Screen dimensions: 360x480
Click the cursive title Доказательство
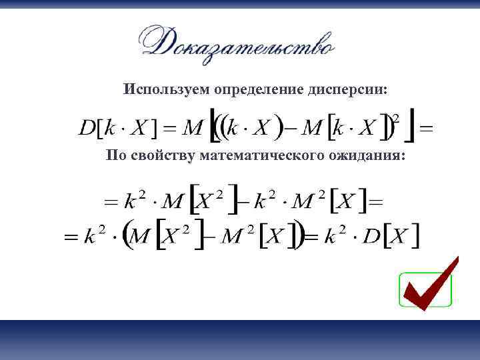pos(237,43)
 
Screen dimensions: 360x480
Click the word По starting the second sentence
pos(115,155)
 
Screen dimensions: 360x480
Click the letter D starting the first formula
pos(87,127)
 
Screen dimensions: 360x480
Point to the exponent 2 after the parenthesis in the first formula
pos(396,118)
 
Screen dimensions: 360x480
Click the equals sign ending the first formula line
pos(425,128)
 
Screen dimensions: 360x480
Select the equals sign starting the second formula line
pos(109,200)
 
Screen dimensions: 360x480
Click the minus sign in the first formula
pos(291,128)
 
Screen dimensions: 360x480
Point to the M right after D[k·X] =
pos(191,127)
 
